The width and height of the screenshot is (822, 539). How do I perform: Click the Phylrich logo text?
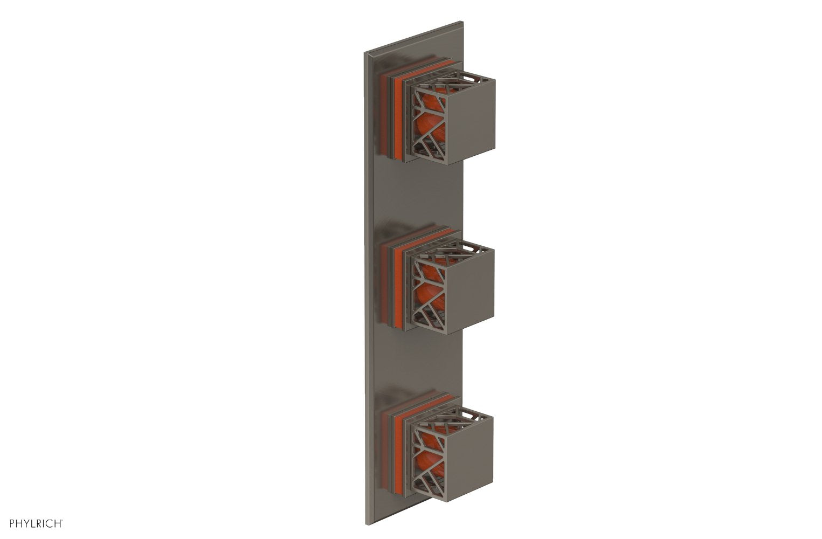pyautogui.click(x=33, y=523)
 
